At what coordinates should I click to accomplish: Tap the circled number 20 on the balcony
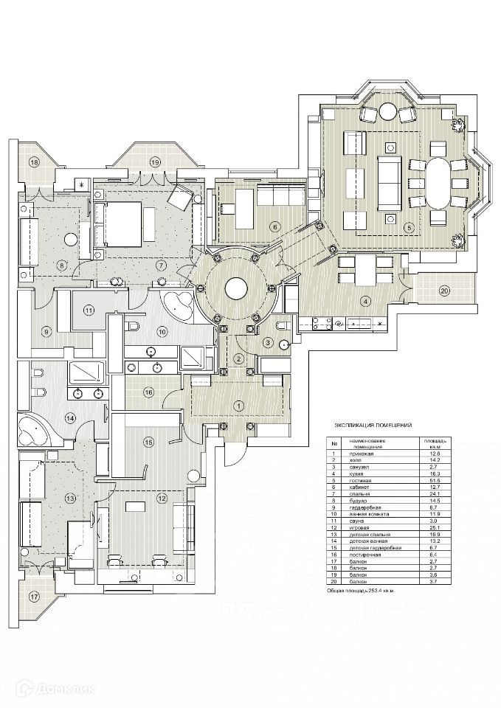click(444, 290)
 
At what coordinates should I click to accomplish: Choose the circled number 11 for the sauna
click(89, 310)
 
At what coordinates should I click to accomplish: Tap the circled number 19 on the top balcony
click(154, 162)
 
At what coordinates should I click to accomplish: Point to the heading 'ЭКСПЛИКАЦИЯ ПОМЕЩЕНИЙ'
click(373, 426)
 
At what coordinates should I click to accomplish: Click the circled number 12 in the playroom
click(162, 499)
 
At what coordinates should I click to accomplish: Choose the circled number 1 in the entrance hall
click(238, 405)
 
